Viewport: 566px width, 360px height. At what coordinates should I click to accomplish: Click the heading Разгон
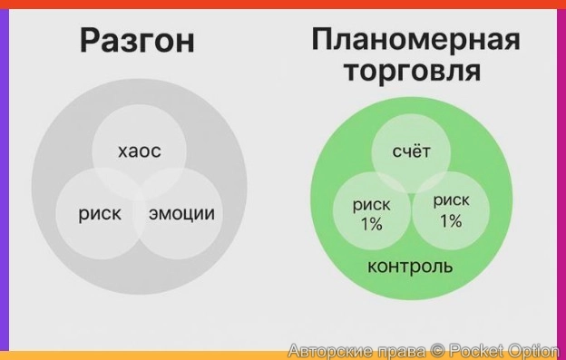[136, 41]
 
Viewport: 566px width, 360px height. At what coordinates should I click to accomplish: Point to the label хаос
[140, 151]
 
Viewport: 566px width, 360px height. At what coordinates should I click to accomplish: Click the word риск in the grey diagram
[99, 214]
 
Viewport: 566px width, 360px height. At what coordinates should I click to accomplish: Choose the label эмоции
[181, 214]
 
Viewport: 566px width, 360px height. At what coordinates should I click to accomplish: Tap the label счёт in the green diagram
[410, 151]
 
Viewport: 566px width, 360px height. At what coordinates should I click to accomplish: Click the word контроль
[410, 268]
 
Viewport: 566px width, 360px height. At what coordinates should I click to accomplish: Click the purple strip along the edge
[4, 181]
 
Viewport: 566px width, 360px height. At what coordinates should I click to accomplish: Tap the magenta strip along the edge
[561, 181]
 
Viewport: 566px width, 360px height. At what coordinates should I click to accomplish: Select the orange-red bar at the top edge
[283, 4]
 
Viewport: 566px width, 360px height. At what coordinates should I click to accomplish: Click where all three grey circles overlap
[140, 193]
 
